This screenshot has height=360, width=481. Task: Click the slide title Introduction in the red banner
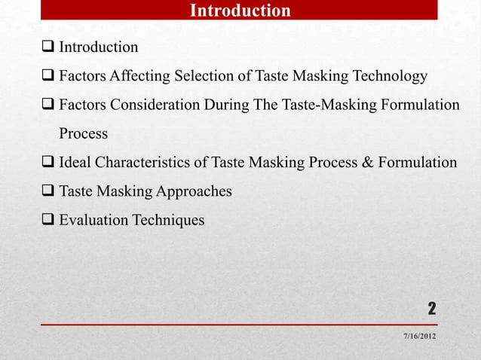(x=240, y=11)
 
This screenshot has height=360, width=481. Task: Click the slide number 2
(x=431, y=308)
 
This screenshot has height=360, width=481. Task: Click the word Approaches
(x=194, y=191)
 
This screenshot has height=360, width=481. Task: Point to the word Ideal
(x=76, y=163)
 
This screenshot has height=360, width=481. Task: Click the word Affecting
(x=141, y=77)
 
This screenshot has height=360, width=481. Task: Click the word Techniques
(x=170, y=220)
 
